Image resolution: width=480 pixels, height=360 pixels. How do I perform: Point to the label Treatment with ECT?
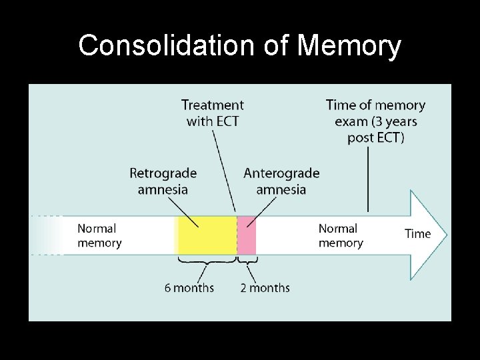coord(213,113)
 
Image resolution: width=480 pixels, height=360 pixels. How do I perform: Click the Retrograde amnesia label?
coord(163,181)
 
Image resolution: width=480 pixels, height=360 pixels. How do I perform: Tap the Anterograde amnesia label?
coord(281,181)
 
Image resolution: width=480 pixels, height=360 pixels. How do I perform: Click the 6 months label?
coord(189,288)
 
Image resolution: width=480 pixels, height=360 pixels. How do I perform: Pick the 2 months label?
coord(265,288)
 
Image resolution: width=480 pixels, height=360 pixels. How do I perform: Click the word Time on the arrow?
coord(418,234)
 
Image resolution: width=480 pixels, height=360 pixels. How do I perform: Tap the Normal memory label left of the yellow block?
coord(99,235)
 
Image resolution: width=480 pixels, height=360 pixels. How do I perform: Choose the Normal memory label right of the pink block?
coord(341,235)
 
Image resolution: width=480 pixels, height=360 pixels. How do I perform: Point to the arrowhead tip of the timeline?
coord(445,234)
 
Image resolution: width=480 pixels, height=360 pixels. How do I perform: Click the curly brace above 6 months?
coord(207,261)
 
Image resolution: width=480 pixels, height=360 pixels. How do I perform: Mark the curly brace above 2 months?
coord(247,261)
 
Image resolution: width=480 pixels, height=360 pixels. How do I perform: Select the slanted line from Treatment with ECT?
coord(224,170)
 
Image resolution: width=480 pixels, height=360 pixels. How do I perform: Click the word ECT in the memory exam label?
coord(391,138)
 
